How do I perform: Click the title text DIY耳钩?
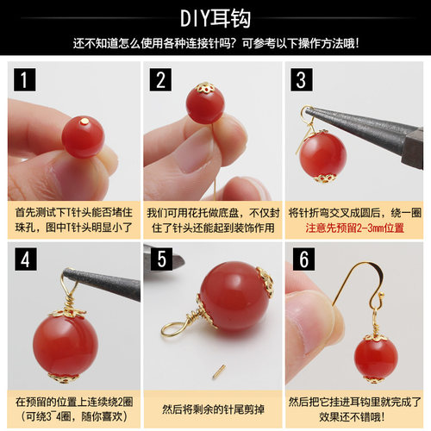(215, 17)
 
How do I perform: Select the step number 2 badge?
(160, 80)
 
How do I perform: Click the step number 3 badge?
(300, 80)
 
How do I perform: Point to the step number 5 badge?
(160, 259)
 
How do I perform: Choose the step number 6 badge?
(300, 259)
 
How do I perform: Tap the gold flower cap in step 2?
(206, 89)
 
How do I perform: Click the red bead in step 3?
(323, 154)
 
